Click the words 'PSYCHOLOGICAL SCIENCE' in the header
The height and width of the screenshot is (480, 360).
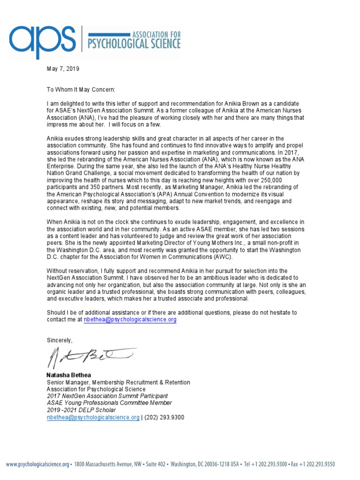(x=131, y=45)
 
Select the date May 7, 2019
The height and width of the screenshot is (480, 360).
(x=63, y=69)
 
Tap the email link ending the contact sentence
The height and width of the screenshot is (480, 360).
(x=130, y=319)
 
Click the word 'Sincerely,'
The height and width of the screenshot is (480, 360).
(x=60, y=340)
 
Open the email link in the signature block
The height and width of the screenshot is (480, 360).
(x=93, y=417)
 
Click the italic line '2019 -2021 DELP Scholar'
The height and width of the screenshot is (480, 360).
(x=81, y=410)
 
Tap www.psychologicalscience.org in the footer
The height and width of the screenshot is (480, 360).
(x=37, y=464)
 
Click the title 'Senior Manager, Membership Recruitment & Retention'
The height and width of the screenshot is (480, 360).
(x=119, y=382)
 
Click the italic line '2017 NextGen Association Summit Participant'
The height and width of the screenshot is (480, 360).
(x=107, y=396)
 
